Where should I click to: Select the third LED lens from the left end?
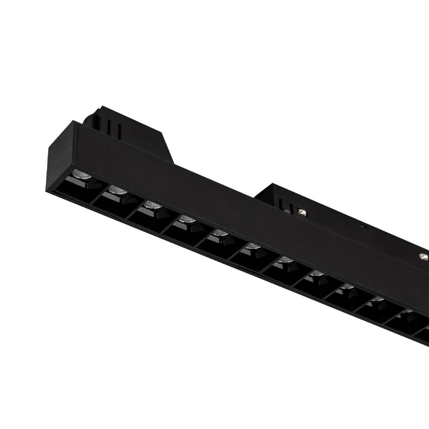pyautogui.click(x=152, y=204)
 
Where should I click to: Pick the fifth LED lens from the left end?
pyautogui.click(x=219, y=233)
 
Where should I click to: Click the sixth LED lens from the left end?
pyautogui.click(x=252, y=247)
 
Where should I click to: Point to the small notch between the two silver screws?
pyautogui.click(x=363, y=226)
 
